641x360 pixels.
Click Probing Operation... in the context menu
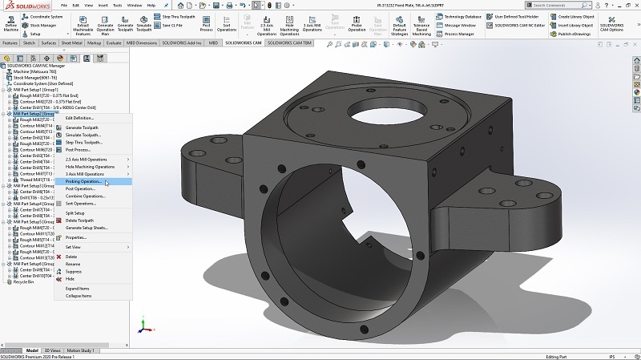pyautogui.click(x=83, y=181)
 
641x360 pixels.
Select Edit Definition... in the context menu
pyautogui.click(x=79, y=118)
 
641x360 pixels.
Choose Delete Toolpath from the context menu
pyautogui.click(x=79, y=220)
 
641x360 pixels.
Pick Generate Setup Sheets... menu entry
pyautogui.click(x=87, y=228)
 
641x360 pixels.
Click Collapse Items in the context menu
pyautogui.click(x=78, y=296)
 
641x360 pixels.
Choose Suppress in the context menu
pyautogui.click(x=73, y=271)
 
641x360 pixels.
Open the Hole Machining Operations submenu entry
pyautogui.click(x=90, y=167)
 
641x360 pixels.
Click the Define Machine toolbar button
pyautogui.click(x=11, y=25)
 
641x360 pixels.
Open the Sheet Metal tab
pyautogui.click(x=71, y=42)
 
